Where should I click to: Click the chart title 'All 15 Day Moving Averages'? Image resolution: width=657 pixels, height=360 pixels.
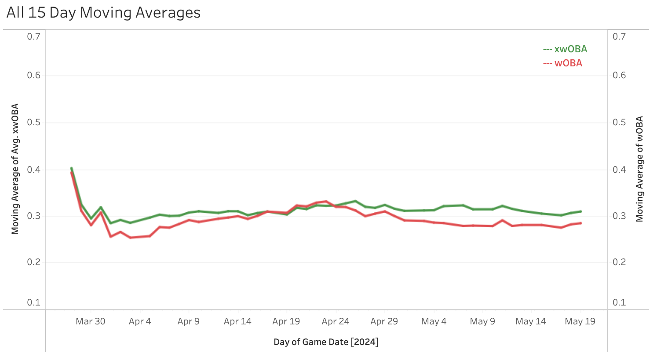click(x=103, y=13)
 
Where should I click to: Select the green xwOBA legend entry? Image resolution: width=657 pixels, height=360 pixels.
click(x=565, y=49)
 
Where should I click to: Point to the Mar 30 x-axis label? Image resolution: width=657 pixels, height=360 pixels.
click(x=90, y=321)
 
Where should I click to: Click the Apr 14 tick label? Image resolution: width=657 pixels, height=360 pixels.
click(x=237, y=321)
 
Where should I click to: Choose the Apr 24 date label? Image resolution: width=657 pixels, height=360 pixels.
click(x=336, y=321)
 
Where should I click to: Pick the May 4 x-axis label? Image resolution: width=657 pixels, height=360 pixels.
click(x=434, y=321)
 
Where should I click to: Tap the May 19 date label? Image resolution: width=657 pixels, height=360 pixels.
click(x=580, y=321)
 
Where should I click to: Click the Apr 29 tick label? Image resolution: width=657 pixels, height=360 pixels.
click(x=384, y=321)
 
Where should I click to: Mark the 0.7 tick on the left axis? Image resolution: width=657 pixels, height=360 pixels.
click(x=34, y=36)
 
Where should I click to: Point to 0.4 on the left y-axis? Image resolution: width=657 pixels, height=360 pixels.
click(x=34, y=169)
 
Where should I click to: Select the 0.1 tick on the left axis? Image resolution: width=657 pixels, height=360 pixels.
click(x=34, y=302)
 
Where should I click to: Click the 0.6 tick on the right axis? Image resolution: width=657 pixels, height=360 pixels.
click(x=619, y=75)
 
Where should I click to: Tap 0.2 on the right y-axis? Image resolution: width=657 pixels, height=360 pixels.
click(x=619, y=262)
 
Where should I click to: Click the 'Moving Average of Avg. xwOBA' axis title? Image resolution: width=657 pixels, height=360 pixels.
click(x=15, y=169)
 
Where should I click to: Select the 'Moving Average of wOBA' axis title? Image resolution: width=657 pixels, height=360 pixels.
click(x=640, y=169)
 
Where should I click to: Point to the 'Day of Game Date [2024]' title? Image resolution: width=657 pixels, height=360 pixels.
click(x=326, y=342)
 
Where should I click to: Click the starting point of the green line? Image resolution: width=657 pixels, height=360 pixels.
click(x=71, y=168)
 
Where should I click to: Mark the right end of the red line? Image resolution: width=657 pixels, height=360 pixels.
click(x=581, y=223)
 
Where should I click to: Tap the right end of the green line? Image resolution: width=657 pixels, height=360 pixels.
click(x=581, y=211)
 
